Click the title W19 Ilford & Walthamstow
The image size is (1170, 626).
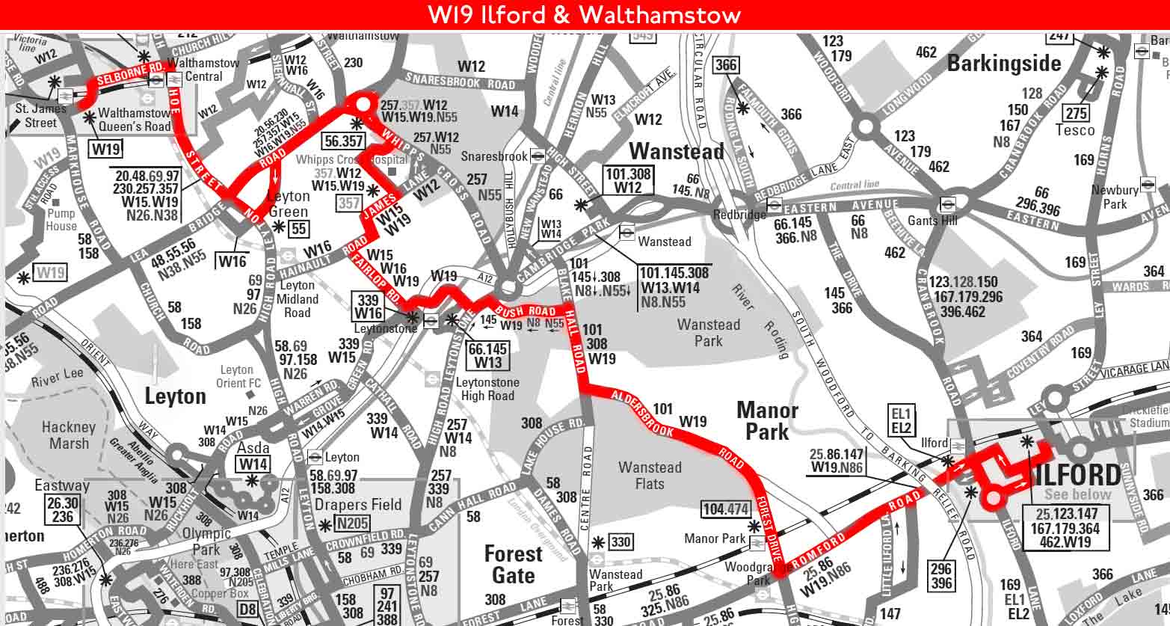(584, 14)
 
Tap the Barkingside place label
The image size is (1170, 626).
(1003, 64)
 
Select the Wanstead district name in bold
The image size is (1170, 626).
(676, 152)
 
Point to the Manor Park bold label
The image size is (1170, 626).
(767, 420)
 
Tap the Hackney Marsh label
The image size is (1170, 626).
(69, 435)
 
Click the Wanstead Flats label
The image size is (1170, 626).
(649, 476)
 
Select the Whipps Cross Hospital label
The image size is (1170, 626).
(351, 159)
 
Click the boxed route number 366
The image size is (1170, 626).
(725, 65)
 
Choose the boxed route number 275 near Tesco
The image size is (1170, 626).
(1076, 113)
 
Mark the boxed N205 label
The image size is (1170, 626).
(352, 524)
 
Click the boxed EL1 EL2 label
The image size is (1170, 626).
(901, 420)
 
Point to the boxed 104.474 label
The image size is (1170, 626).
(725, 510)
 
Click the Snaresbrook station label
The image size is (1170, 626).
(494, 156)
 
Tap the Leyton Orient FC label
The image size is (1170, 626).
(237, 377)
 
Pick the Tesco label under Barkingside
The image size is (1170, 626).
(1074, 130)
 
